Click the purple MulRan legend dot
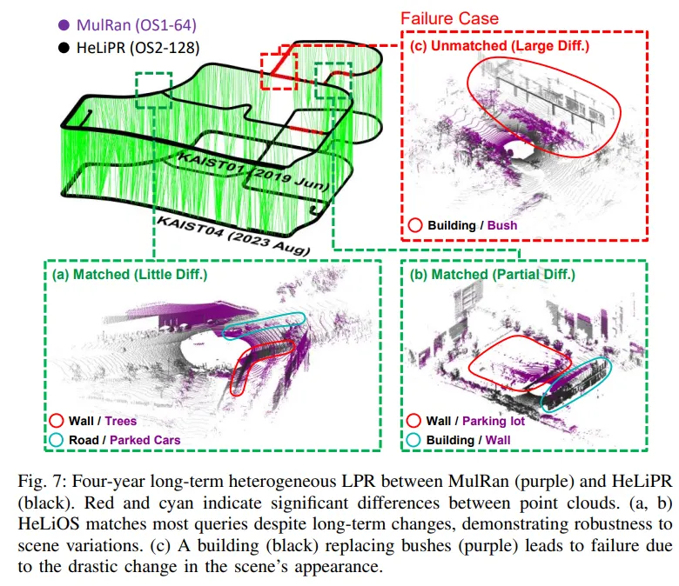[x=64, y=25]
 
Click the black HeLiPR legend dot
[x=64, y=48]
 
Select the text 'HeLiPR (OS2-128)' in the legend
[x=138, y=48]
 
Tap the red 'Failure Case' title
[x=449, y=18]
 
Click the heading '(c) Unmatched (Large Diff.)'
[x=500, y=45]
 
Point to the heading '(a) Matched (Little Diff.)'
[x=130, y=274]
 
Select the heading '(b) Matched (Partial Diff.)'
[x=493, y=274]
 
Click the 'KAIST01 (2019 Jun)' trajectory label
[x=254, y=171]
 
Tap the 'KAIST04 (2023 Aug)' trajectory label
[x=233, y=236]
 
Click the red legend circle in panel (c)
[x=415, y=225]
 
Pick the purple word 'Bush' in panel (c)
[x=502, y=225]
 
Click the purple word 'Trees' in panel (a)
[x=120, y=421]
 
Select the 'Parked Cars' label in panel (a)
[x=145, y=440]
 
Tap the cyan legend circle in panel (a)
[x=57, y=440]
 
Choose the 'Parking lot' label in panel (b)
[x=494, y=421]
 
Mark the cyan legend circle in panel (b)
[x=413, y=440]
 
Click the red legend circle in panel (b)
[x=413, y=420]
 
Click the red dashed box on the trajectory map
[x=261, y=71]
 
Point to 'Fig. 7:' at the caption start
[x=42, y=481]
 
